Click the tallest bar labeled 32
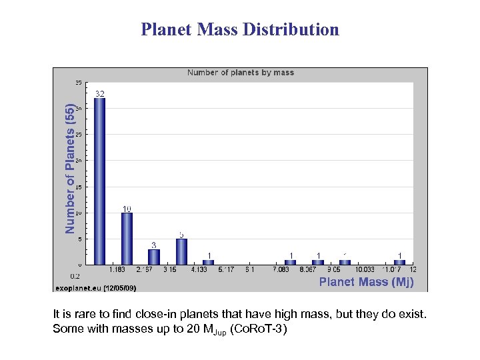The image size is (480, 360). click(99, 181)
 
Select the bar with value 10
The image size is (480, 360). click(127, 238)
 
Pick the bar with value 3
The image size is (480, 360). click(154, 257)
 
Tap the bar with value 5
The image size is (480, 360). click(181, 251)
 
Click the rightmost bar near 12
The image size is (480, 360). click(399, 262)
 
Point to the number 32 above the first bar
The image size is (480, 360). click(99, 93)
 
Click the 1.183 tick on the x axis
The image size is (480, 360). click(117, 270)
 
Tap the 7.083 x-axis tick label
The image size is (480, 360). click(281, 270)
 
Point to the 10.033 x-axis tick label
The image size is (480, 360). click(364, 270)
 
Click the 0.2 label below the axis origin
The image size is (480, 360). click(75, 275)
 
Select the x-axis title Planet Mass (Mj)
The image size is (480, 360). click(366, 282)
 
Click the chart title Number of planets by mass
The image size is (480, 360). click(240, 73)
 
